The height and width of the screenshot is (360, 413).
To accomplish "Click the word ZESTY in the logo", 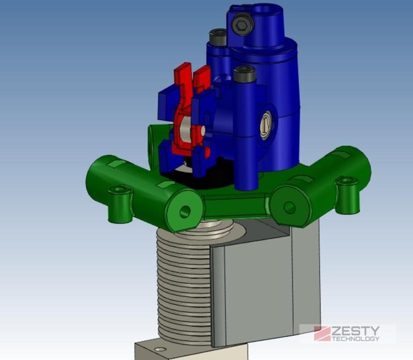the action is point(356,331).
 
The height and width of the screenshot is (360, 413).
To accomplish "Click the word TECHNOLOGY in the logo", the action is point(356,339).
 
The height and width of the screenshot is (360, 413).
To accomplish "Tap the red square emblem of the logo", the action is point(322,334).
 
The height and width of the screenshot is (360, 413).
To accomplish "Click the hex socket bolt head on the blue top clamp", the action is point(243,25).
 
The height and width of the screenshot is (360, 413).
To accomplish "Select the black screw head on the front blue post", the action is point(245,73).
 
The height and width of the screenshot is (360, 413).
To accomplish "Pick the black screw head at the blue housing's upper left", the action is point(218,37).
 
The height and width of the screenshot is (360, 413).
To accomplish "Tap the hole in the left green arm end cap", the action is point(185,211).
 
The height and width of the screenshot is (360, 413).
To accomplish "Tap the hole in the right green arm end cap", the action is point(290,208).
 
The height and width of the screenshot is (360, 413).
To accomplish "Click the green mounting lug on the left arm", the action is point(120,204).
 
